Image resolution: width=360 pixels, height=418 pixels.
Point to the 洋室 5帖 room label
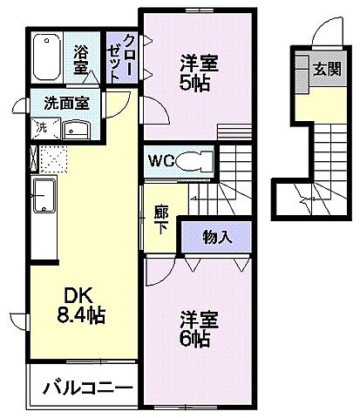click(200, 74)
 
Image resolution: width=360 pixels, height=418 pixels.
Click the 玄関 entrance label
click(328, 68)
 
